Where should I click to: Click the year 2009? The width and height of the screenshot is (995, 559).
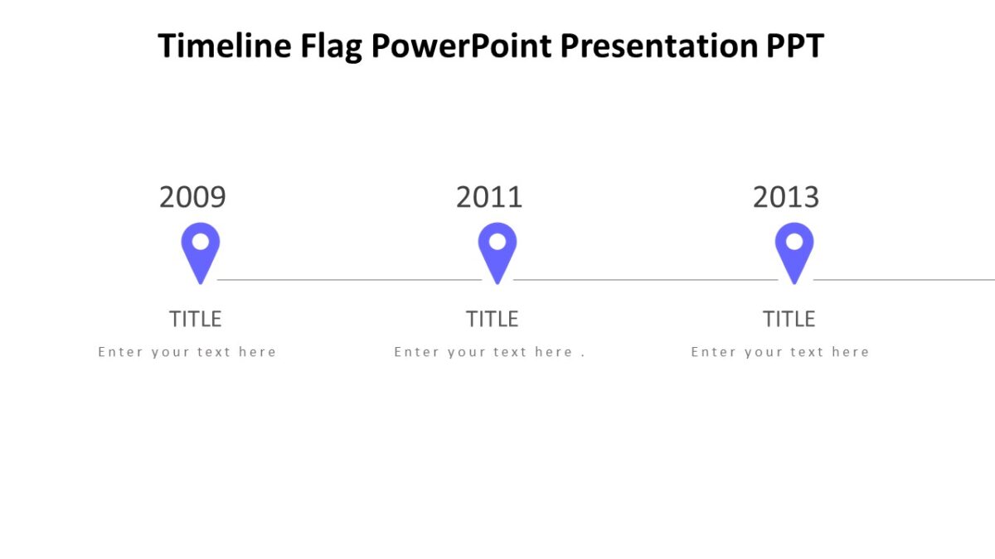(x=192, y=197)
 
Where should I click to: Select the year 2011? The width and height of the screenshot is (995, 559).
(x=489, y=197)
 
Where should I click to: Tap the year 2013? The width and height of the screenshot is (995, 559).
(x=786, y=197)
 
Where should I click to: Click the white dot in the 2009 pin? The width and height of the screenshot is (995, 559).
(x=201, y=242)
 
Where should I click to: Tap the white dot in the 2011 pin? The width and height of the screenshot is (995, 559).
(x=498, y=242)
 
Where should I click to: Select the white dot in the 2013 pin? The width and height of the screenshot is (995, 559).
(x=794, y=242)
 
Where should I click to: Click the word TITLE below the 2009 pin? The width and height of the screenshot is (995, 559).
(x=196, y=319)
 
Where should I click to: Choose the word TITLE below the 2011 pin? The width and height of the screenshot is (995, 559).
(x=492, y=319)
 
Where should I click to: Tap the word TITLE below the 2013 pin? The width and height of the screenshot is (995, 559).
(x=789, y=319)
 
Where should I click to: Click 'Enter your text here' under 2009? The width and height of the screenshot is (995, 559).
(x=187, y=352)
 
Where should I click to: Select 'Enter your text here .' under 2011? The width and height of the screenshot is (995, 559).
(x=489, y=352)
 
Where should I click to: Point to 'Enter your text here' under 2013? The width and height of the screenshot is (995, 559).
(x=780, y=352)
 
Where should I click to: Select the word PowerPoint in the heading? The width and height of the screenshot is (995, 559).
(x=461, y=46)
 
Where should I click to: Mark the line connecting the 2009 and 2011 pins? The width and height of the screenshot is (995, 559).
(x=348, y=280)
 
